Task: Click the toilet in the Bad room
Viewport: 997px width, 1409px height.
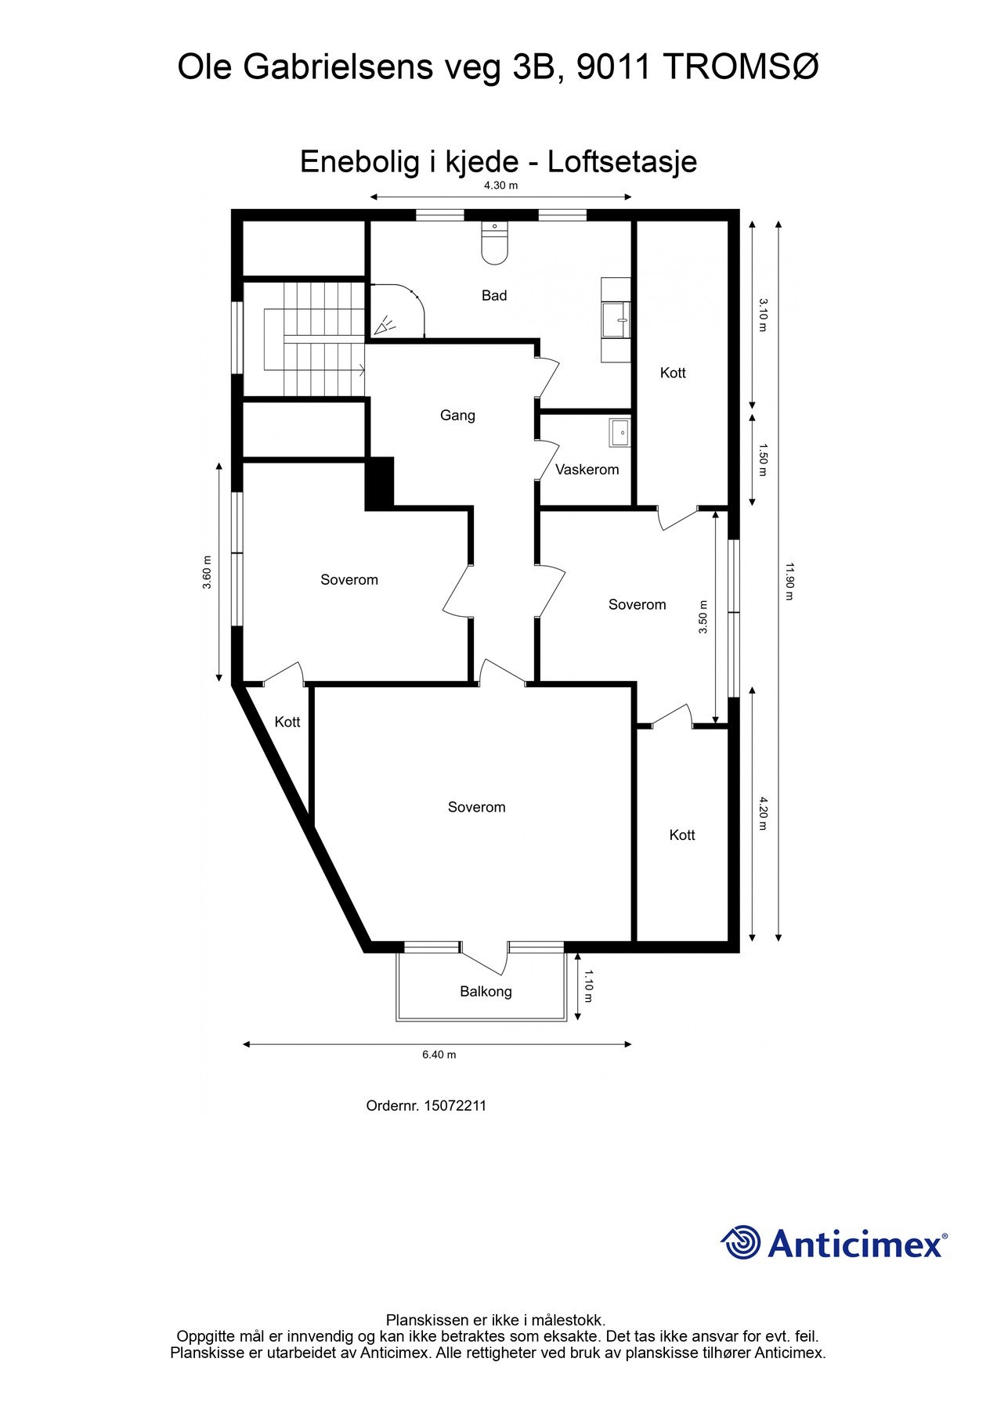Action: (494, 243)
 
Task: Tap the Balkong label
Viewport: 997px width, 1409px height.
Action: (486, 991)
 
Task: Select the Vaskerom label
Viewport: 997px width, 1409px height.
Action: (587, 470)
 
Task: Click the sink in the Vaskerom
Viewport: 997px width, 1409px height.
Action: (620, 431)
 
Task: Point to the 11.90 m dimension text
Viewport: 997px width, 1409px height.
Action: (789, 581)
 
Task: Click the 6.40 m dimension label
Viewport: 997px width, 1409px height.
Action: (439, 1054)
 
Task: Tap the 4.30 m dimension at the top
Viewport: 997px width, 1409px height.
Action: (500, 186)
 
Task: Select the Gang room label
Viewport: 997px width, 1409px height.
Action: (457, 415)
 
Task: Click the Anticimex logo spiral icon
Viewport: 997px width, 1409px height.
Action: (740, 1242)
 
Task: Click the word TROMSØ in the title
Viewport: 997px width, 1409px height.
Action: (741, 68)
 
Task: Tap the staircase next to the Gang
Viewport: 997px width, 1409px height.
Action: (313, 339)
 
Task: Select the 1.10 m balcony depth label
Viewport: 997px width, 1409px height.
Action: (588, 986)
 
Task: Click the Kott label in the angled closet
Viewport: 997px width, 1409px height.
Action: (287, 722)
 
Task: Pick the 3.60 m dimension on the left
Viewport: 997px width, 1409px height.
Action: (207, 572)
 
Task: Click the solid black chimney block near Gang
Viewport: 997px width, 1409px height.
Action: (379, 484)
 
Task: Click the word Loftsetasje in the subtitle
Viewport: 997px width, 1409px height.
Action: (622, 162)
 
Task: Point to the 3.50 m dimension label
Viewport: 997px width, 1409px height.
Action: (703, 616)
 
